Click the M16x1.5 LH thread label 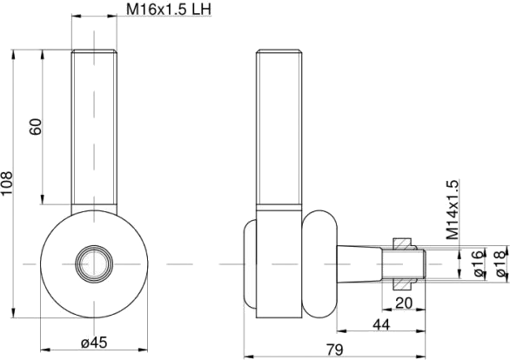pyautogui.click(x=169, y=9)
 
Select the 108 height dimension pyautogui.click(x=7, y=183)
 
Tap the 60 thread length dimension pyautogui.click(x=36, y=127)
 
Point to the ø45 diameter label pyautogui.click(x=94, y=342)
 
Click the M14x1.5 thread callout pyautogui.click(x=452, y=210)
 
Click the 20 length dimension pyautogui.click(x=404, y=303)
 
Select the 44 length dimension pyautogui.click(x=381, y=324)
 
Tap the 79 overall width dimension pyautogui.click(x=335, y=350)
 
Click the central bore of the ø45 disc pyautogui.click(x=94, y=263)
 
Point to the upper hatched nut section pyautogui.click(x=403, y=244)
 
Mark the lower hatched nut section pyautogui.click(x=403, y=283)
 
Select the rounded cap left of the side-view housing pyautogui.click(x=250, y=263)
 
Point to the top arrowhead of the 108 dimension pyautogui.click(x=13, y=55)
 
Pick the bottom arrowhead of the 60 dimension pyautogui.click(x=43, y=199)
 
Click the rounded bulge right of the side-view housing pyautogui.click(x=319, y=263)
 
